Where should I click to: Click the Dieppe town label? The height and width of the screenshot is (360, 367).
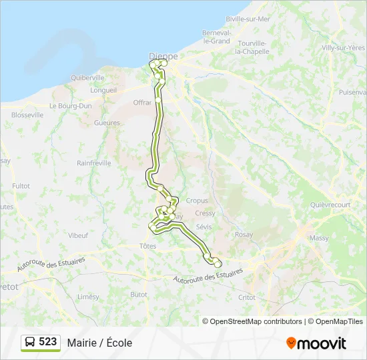click(164, 57)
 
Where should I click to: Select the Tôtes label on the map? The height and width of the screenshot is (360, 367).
click(148, 246)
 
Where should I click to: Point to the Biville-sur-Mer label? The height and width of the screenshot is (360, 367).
click(248, 19)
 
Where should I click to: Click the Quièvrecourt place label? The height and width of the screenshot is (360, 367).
click(330, 205)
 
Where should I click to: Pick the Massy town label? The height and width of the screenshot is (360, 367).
click(319, 238)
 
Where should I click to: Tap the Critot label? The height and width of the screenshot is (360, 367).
click(247, 297)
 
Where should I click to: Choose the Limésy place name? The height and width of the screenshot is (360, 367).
click(88, 297)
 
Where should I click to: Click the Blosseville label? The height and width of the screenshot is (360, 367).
click(27, 115)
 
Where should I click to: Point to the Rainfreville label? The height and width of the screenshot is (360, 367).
click(94, 163)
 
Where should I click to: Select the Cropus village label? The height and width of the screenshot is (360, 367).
click(197, 201)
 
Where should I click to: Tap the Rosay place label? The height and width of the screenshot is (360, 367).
click(244, 235)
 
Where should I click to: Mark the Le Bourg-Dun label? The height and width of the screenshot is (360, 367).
click(71, 105)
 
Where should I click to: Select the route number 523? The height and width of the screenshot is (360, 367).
click(47, 342)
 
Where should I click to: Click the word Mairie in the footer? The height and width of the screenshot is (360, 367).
click(80, 343)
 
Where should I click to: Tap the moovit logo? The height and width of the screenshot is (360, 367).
click(316, 343)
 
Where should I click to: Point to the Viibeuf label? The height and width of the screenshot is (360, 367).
click(78, 235)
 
